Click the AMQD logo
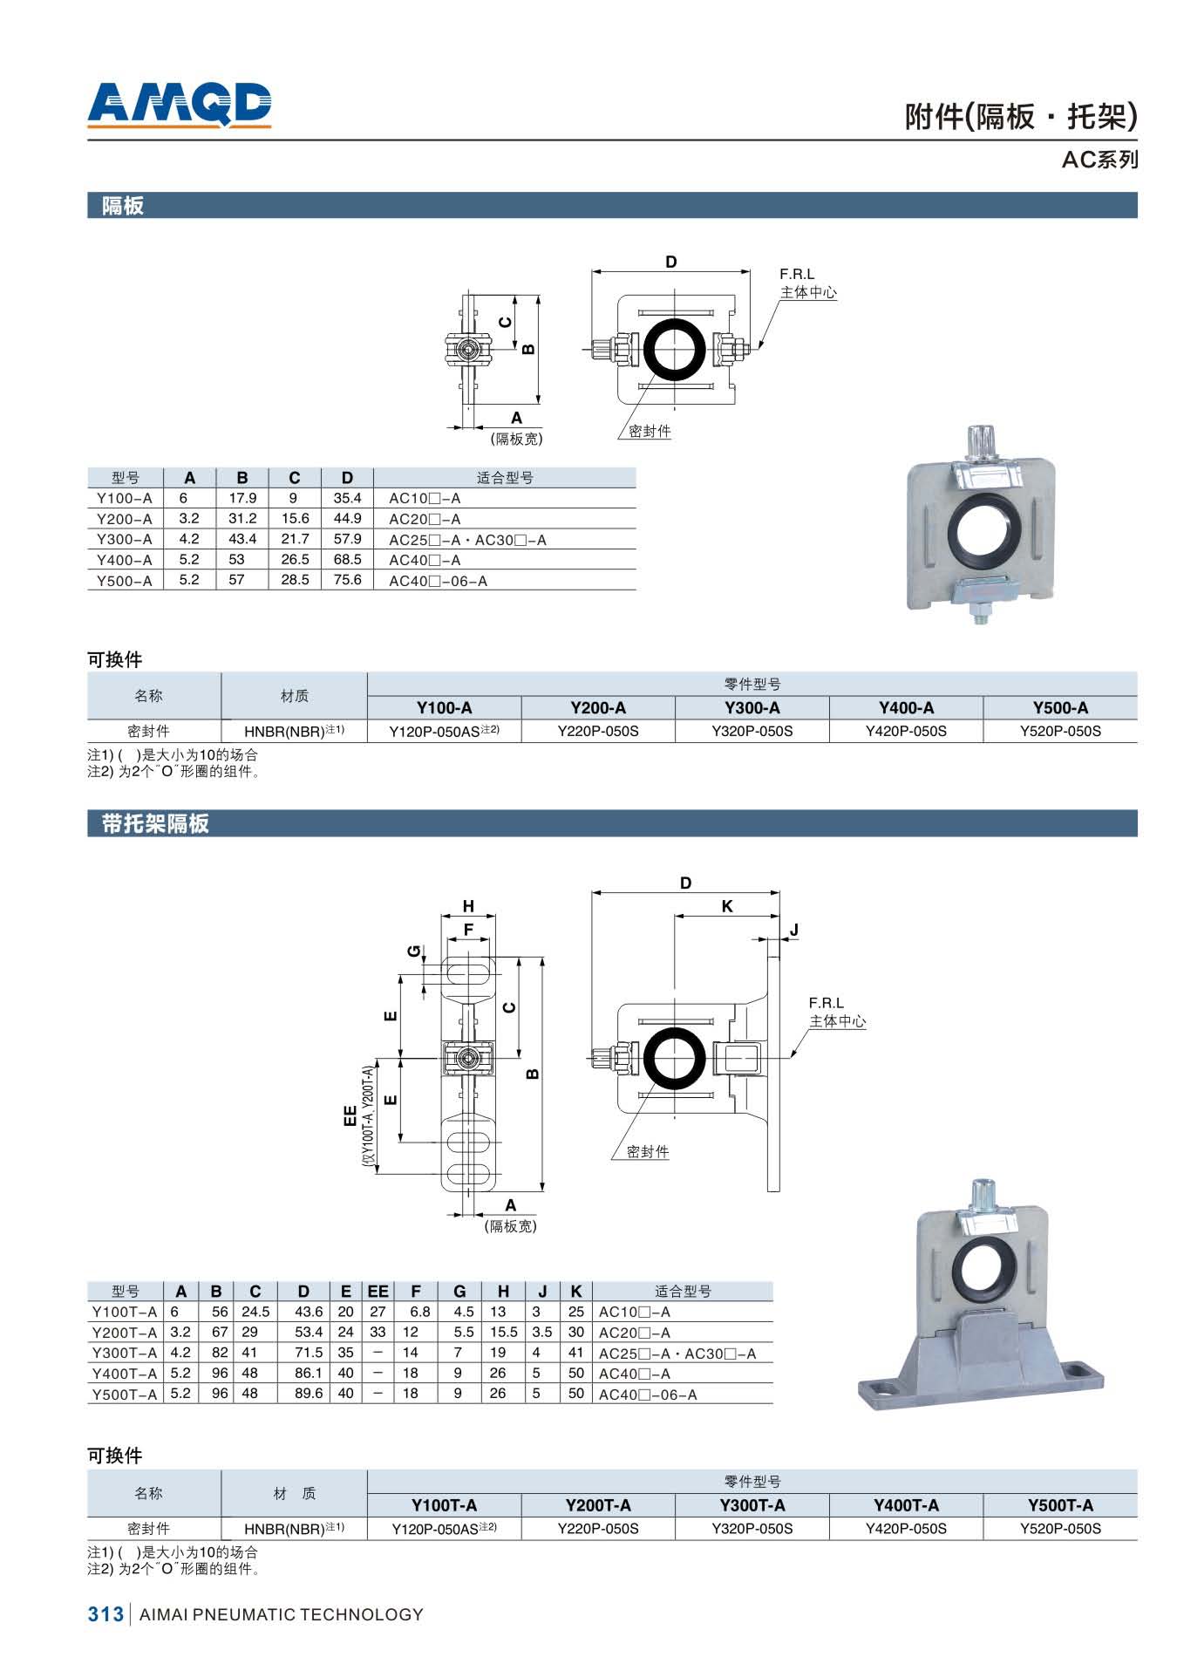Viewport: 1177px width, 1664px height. pyautogui.click(x=180, y=105)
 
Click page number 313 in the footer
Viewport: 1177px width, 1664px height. pyautogui.click(x=105, y=1614)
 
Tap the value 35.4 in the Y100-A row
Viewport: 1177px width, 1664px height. pyautogui.click(x=347, y=498)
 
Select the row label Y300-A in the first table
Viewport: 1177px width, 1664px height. pyautogui.click(x=124, y=539)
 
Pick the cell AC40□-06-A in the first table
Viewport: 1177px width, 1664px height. pyautogui.click(x=438, y=581)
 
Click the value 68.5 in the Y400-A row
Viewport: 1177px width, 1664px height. pyautogui.click(x=347, y=560)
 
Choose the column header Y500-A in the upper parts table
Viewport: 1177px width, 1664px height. pyautogui.click(x=1060, y=708)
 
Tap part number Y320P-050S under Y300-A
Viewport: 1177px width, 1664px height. pyautogui.click(x=752, y=731)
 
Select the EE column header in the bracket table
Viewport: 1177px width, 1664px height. pyautogui.click(x=378, y=1291)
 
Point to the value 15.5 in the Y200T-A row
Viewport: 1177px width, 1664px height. pyautogui.click(x=503, y=1332)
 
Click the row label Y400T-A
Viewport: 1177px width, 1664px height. pyautogui.click(x=125, y=1374)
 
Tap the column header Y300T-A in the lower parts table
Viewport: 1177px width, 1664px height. pyautogui.click(x=752, y=1505)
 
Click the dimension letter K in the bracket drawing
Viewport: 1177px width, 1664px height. pyautogui.click(x=727, y=906)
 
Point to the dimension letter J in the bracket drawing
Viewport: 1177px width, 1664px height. pyautogui.click(x=793, y=931)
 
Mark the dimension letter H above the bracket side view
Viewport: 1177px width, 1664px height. pyautogui.click(x=468, y=906)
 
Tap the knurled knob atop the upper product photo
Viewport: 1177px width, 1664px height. pyautogui.click(x=982, y=442)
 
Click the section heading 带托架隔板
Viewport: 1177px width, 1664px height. pyautogui.click(x=155, y=823)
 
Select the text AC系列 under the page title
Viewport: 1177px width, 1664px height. pyautogui.click(x=1099, y=160)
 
